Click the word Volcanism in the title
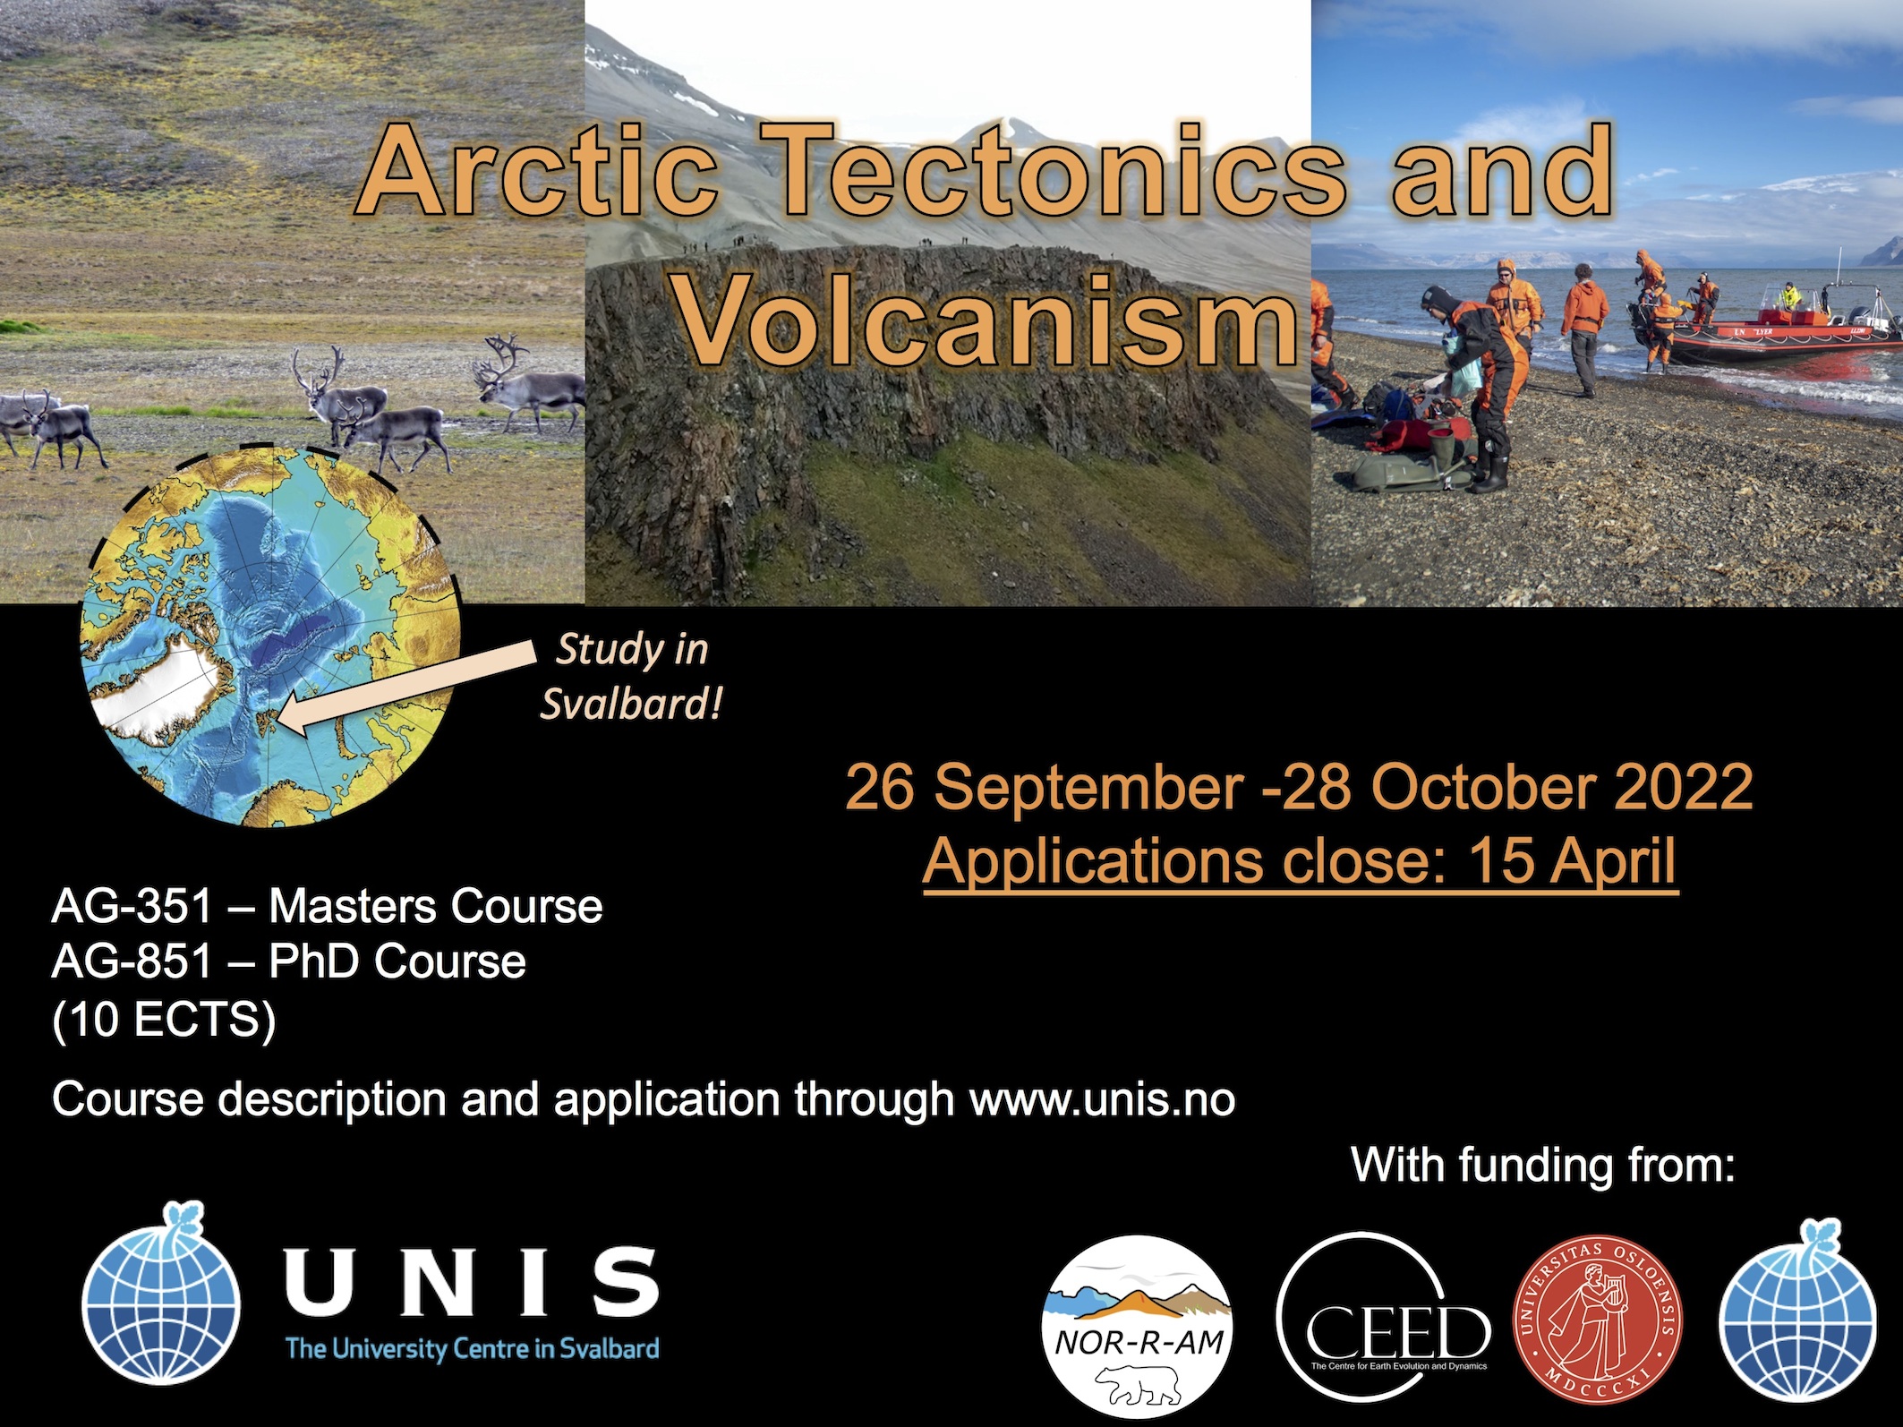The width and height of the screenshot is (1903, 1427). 985,320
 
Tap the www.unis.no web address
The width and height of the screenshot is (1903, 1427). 1103,1099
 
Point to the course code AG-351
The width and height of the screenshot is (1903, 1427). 132,907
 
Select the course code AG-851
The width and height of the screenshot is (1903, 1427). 132,962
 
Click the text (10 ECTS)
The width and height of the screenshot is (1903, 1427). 164,1019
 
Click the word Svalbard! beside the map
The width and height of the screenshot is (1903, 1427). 631,705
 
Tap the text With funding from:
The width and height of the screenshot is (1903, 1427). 1543,1165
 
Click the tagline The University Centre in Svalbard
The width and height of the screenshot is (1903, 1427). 472,1348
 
